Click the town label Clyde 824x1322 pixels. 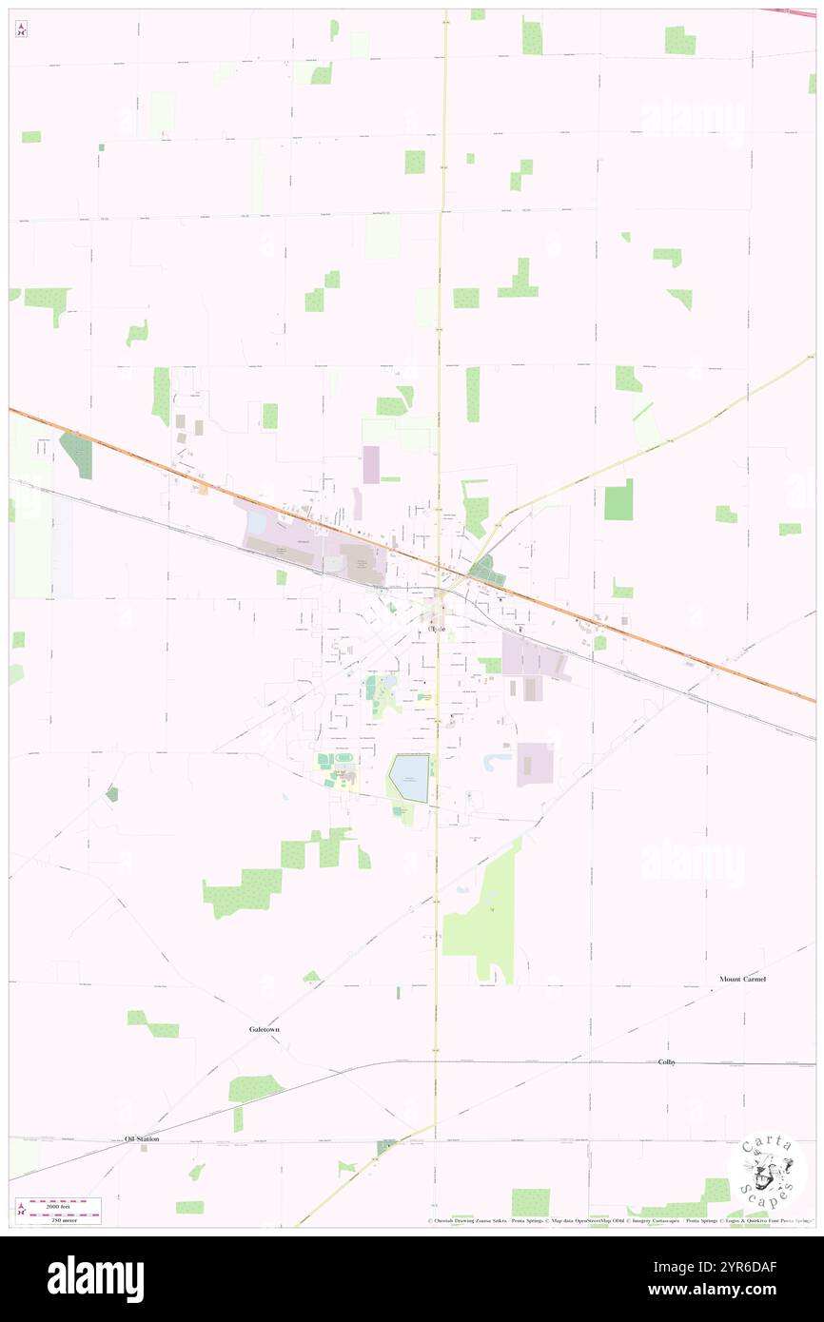(437, 630)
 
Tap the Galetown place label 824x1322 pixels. (265, 1029)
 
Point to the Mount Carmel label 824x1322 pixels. (742, 979)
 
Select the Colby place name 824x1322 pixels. (666, 1061)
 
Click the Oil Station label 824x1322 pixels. (142, 1138)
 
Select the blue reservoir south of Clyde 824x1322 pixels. (411, 777)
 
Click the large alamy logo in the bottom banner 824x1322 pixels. (95, 1279)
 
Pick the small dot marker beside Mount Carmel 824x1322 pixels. (711, 990)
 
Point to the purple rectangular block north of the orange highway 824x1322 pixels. (370, 464)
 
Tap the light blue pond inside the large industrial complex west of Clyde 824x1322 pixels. (257, 523)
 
